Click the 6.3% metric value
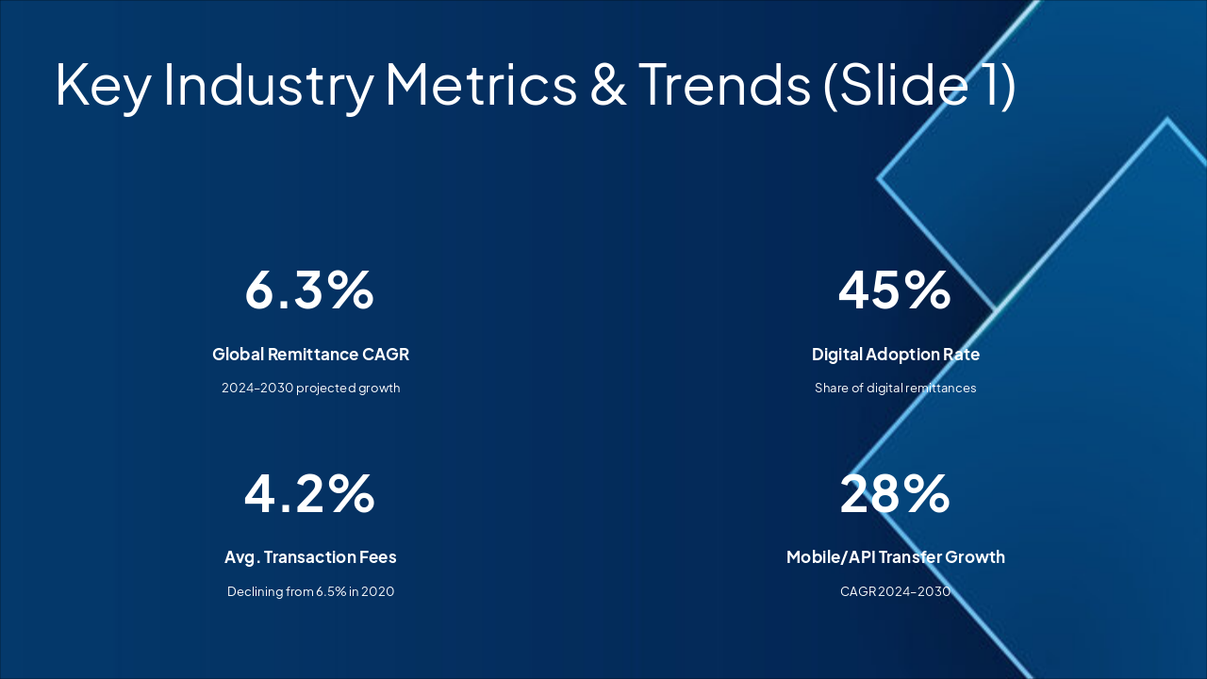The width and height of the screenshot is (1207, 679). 309,290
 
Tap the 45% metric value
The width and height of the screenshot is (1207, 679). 895,290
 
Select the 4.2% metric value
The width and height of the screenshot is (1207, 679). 309,493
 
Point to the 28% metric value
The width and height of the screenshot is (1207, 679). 895,493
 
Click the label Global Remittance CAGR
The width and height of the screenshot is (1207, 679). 310,355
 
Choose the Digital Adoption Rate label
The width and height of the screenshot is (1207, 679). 895,355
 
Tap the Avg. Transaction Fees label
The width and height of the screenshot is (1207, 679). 310,557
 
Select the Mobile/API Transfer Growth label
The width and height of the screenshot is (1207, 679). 895,557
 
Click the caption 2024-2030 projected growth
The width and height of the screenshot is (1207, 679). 310,389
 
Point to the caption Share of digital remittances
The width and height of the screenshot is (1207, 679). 895,389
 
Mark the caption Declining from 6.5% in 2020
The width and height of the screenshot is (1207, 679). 310,592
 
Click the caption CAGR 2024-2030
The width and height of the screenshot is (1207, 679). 895,592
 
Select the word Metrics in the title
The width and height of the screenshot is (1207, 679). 481,85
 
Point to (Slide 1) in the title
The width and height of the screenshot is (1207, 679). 919,85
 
